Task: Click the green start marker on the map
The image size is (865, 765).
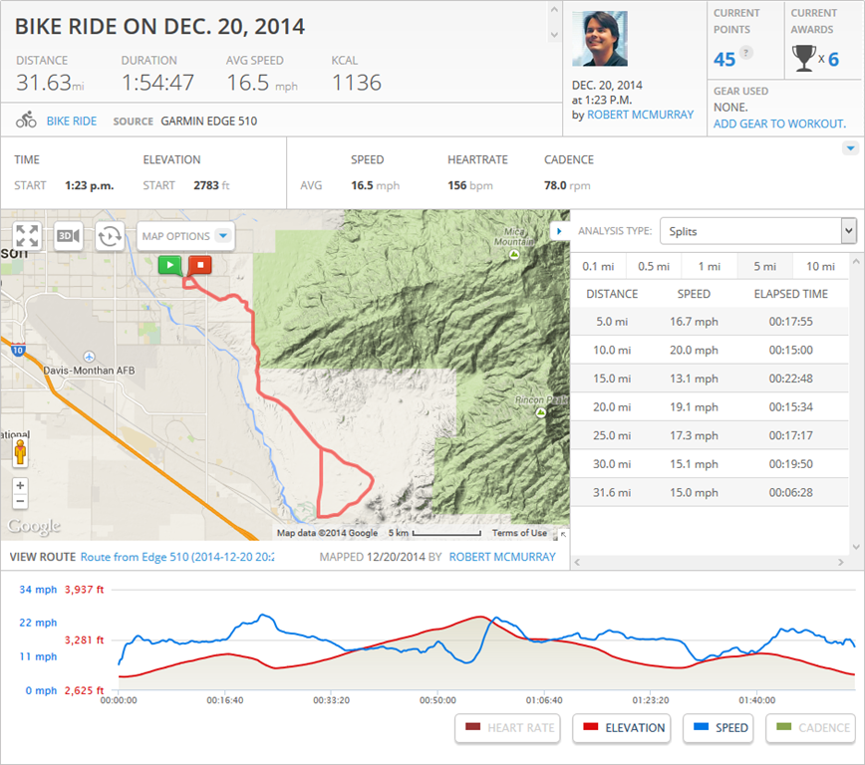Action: [x=170, y=264]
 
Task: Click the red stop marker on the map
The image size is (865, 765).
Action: [x=200, y=264]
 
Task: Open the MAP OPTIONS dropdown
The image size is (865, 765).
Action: [x=186, y=236]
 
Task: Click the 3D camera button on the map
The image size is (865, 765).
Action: [x=68, y=236]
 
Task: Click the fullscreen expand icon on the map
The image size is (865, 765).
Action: [x=27, y=236]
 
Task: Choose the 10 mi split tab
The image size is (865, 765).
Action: [x=820, y=266]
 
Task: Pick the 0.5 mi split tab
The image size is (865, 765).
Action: [x=653, y=266]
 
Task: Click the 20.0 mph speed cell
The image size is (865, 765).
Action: [x=694, y=350]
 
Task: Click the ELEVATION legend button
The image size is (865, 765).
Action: [x=622, y=728]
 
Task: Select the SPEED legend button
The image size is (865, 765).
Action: [x=721, y=728]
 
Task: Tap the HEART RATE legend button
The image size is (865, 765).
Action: [x=509, y=728]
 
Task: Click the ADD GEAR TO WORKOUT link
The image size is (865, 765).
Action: [x=779, y=124]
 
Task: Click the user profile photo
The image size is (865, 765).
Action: [x=600, y=39]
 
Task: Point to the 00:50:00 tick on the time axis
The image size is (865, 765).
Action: [x=437, y=700]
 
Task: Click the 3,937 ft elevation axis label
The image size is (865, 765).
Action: [x=84, y=589]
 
